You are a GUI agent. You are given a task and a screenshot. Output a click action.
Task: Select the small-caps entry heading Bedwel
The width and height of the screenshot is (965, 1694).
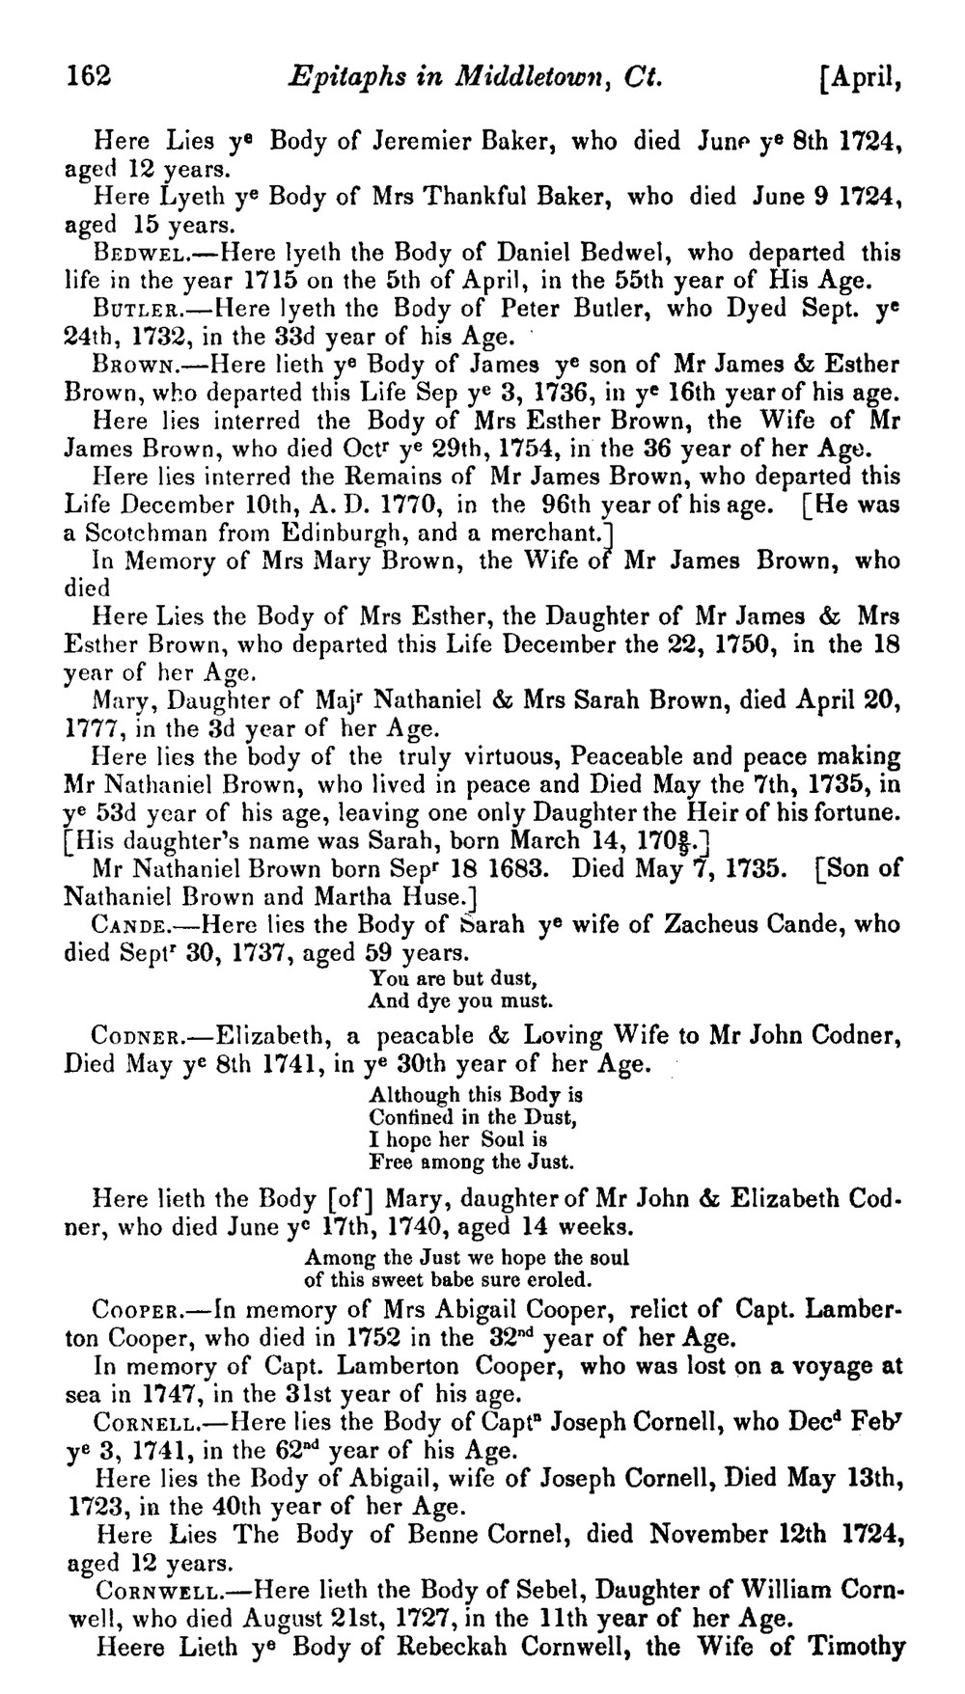(x=130, y=254)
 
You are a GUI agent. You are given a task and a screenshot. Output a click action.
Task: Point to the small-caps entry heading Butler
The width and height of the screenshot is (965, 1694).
(x=129, y=311)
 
